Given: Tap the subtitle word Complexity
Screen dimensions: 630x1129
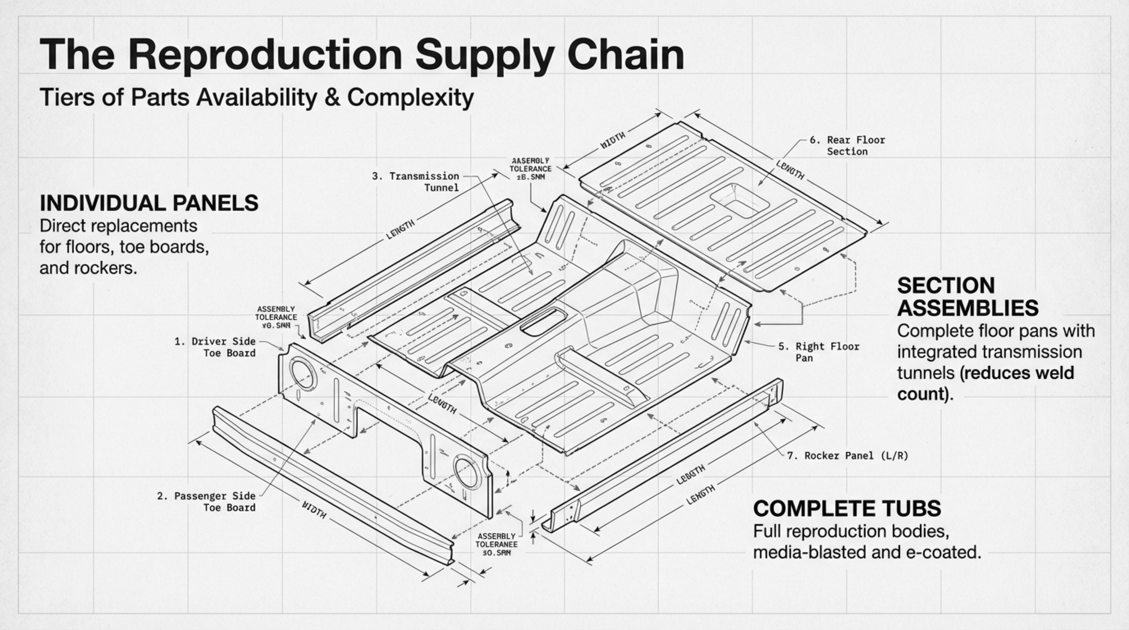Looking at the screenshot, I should pyautogui.click(x=410, y=97).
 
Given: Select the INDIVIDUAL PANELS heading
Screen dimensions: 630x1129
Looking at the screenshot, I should pyautogui.click(x=149, y=203).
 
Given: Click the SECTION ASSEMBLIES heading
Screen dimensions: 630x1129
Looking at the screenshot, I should pyautogui.click(x=968, y=297).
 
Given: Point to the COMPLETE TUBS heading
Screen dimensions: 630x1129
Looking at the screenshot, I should pyautogui.click(x=847, y=508).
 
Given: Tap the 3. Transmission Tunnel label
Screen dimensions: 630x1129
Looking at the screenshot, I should pyautogui.click(x=423, y=182).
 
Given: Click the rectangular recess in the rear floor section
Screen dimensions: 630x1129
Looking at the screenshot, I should pyautogui.click(x=740, y=201).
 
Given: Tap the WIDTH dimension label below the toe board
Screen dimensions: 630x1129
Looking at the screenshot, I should pyautogui.click(x=314, y=509).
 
